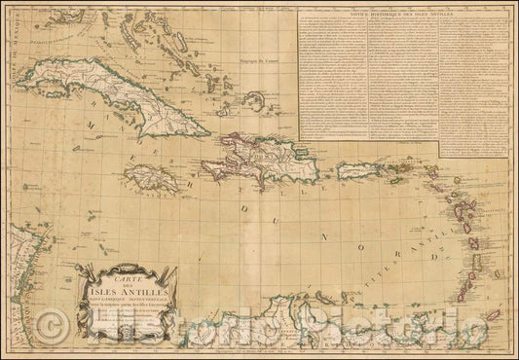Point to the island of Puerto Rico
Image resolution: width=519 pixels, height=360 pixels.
[x=360, y=170]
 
